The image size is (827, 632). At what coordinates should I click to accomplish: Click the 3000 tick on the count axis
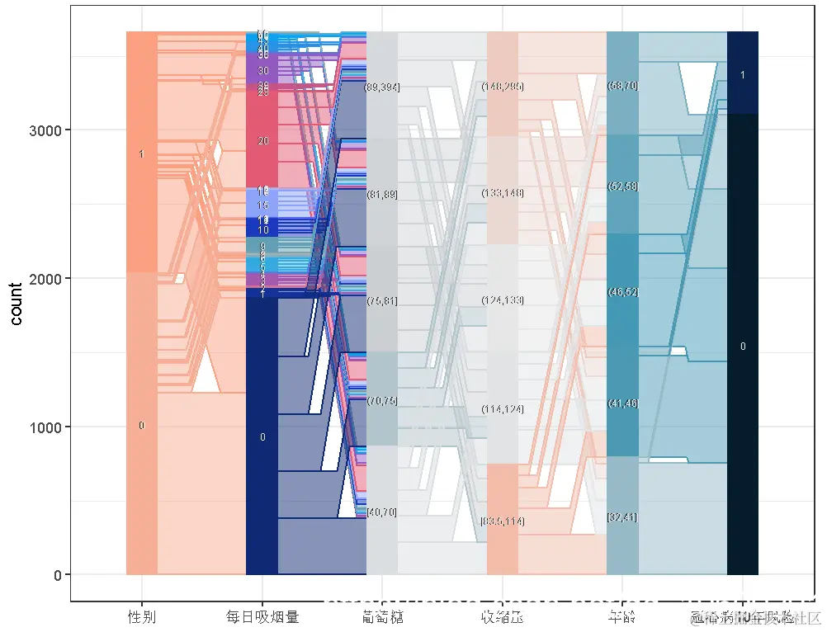51,130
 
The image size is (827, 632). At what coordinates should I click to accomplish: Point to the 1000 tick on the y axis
51,427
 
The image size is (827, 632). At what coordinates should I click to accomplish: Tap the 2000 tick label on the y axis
51,279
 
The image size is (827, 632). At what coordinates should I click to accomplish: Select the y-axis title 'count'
17,304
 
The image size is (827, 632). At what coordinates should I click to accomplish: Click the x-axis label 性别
141,616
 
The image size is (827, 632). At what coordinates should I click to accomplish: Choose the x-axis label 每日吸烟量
262,616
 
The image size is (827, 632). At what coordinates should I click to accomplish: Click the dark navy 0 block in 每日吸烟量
262,436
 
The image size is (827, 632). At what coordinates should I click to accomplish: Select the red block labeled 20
262,141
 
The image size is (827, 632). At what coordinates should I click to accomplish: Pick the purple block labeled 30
262,71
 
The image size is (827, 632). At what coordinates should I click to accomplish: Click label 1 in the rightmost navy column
743,75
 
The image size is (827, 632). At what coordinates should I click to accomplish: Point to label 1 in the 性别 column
141,154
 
